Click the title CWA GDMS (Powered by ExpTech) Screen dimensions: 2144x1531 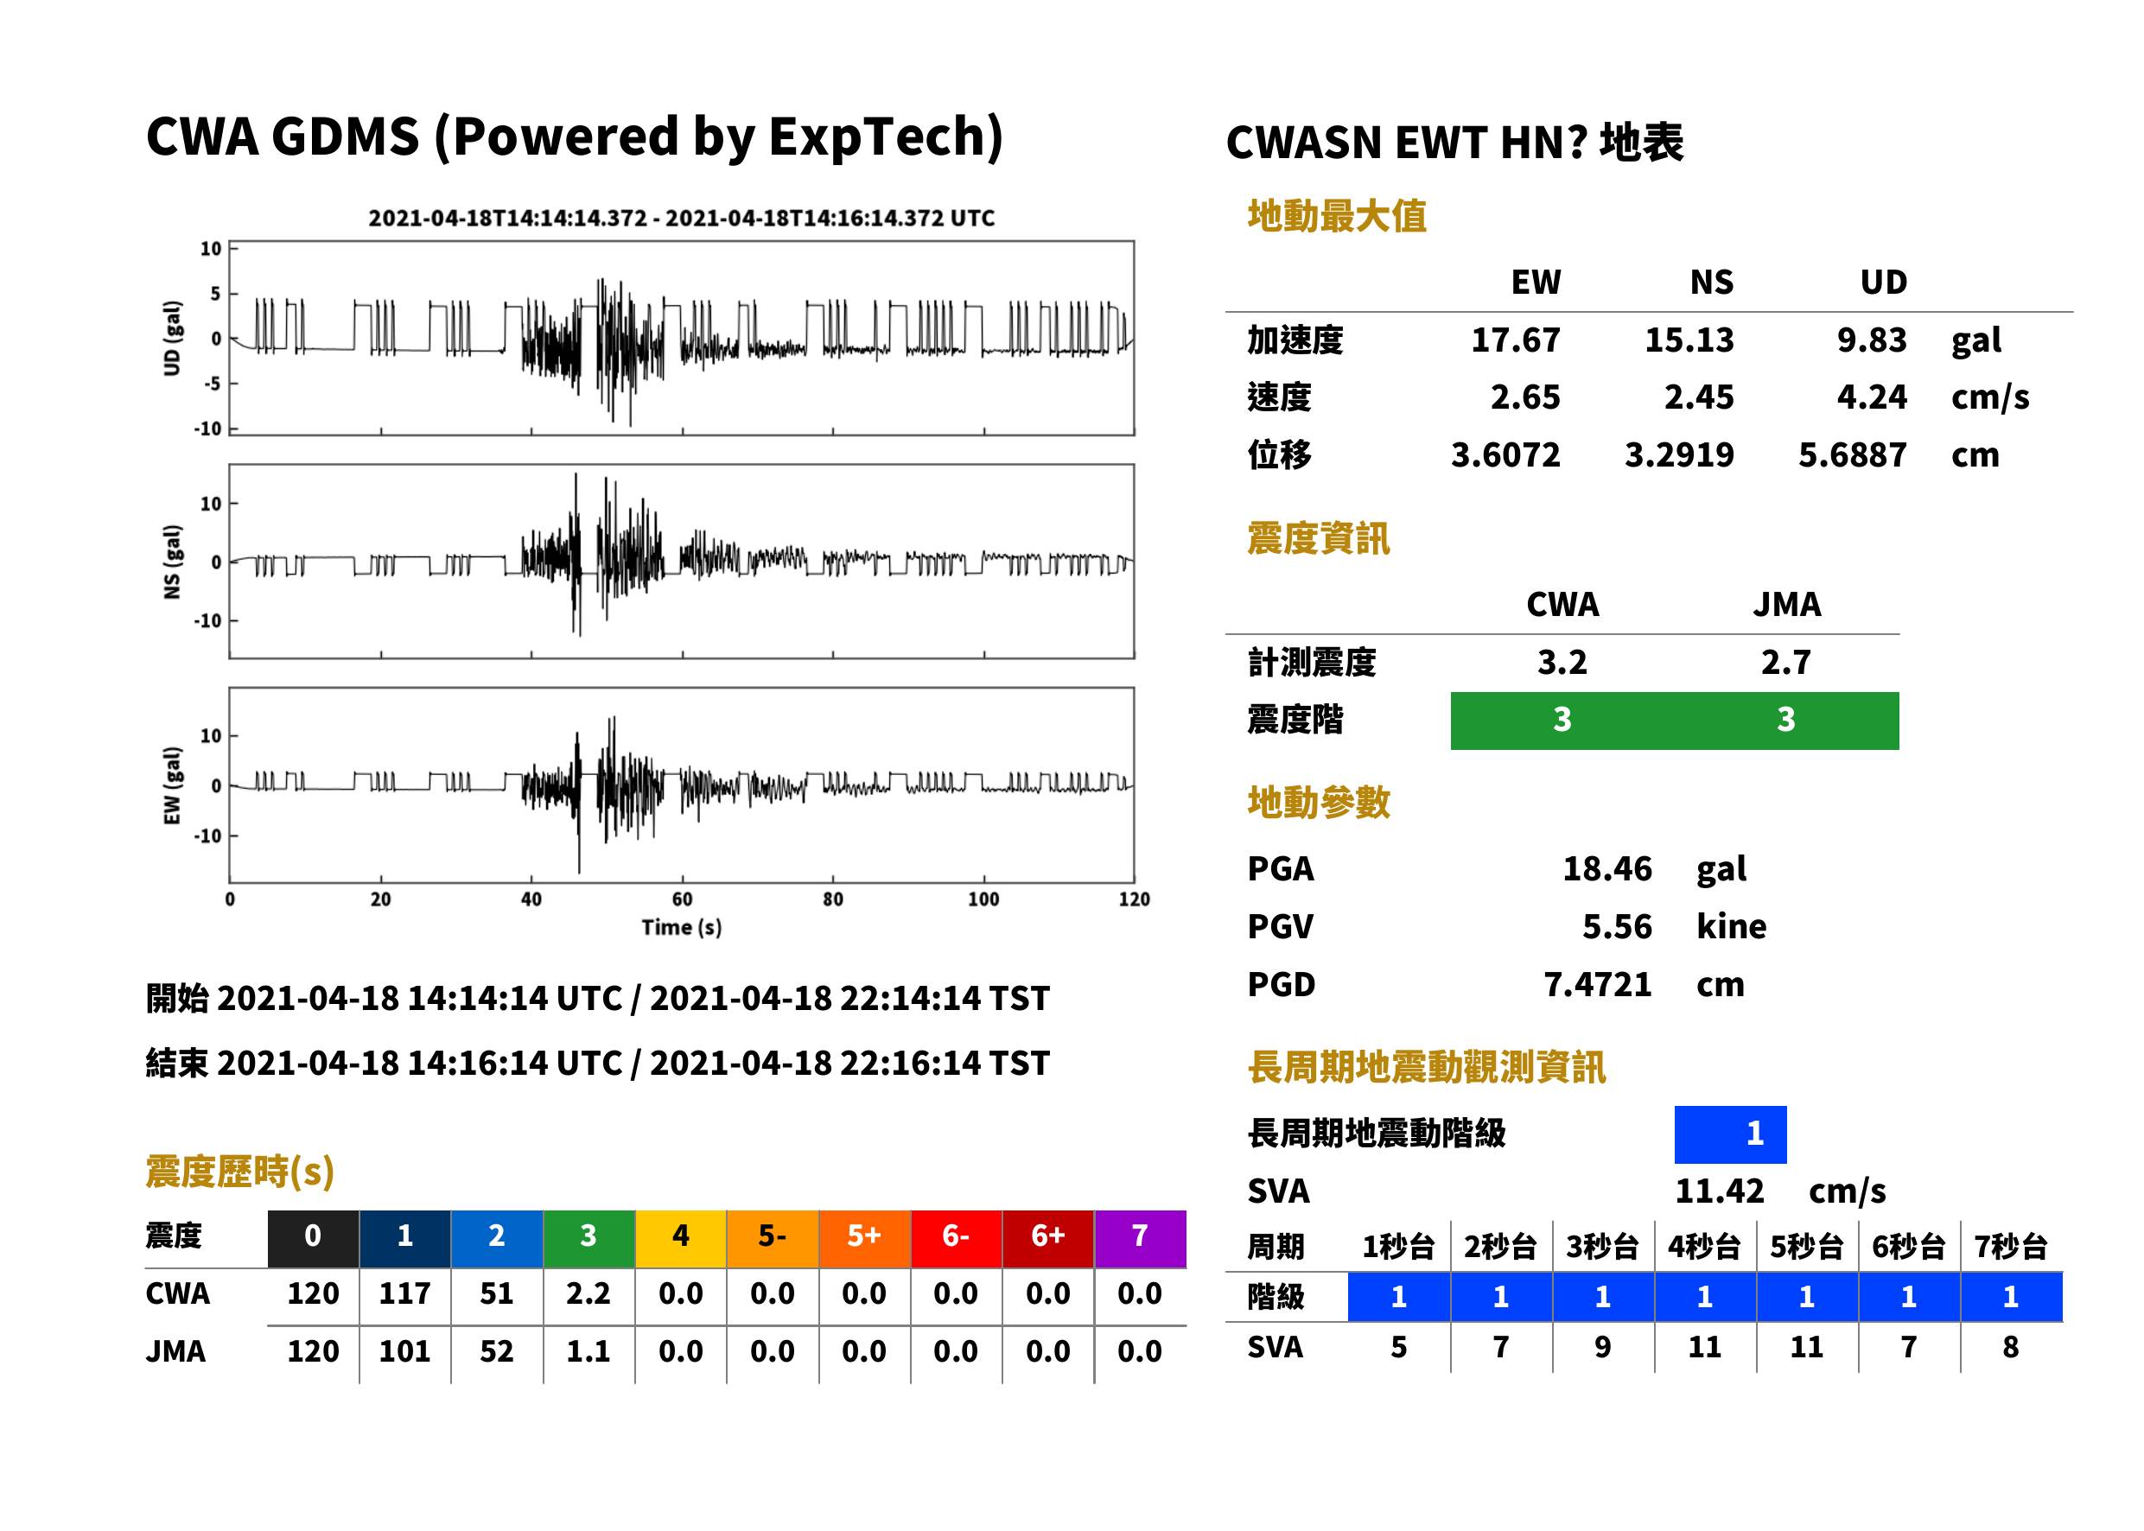[x=574, y=137]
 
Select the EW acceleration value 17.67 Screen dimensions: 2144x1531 [x=1515, y=340]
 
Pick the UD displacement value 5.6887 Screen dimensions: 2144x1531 [x=1852, y=455]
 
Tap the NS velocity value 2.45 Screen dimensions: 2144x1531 [x=1698, y=397]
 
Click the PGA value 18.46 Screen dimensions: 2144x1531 [x=1606, y=868]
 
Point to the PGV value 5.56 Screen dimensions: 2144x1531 [x=1617, y=927]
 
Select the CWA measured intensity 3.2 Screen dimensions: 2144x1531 [x=1562, y=663]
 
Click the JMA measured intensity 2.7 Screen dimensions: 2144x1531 [x=1785, y=663]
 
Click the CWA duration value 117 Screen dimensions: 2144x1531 [x=404, y=1293]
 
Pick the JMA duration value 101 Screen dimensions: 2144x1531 [x=404, y=1352]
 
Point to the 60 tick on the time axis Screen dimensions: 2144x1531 [x=682, y=899]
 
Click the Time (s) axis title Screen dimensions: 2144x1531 [x=682, y=928]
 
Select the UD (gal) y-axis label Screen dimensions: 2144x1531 [x=172, y=339]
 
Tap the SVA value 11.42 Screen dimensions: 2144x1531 [x=1719, y=1191]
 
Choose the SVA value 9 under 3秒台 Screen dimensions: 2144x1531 [x=1602, y=1348]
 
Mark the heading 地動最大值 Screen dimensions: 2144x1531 [x=1336, y=217]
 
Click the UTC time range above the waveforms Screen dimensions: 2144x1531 [x=682, y=219]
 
